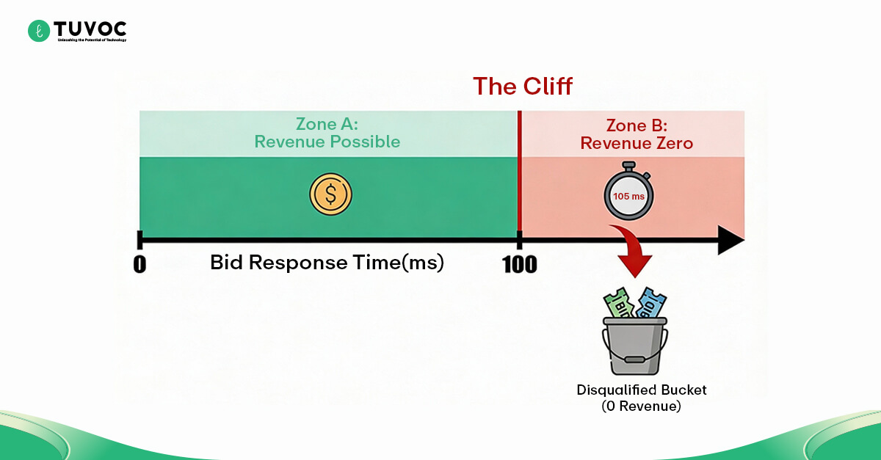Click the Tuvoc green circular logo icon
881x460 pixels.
click(38, 30)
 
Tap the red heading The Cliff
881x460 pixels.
click(522, 86)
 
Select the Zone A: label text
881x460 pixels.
click(327, 123)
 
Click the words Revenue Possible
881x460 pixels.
click(327, 142)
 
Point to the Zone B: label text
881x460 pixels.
click(636, 125)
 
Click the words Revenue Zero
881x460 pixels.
click(636, 143)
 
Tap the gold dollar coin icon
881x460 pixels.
click(330, 194)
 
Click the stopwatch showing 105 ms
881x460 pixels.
click(629, 194)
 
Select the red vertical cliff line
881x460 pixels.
click(520, 176)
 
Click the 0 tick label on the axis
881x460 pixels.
click(139, 263)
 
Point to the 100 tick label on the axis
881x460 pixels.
click(520, 263)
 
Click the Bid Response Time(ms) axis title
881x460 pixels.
click(327, 263)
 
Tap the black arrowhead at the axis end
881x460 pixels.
click(730, 240)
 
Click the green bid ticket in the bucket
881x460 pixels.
click(618, 303)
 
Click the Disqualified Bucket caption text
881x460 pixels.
click(636, 390)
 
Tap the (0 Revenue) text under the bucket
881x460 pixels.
click(636, 406)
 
